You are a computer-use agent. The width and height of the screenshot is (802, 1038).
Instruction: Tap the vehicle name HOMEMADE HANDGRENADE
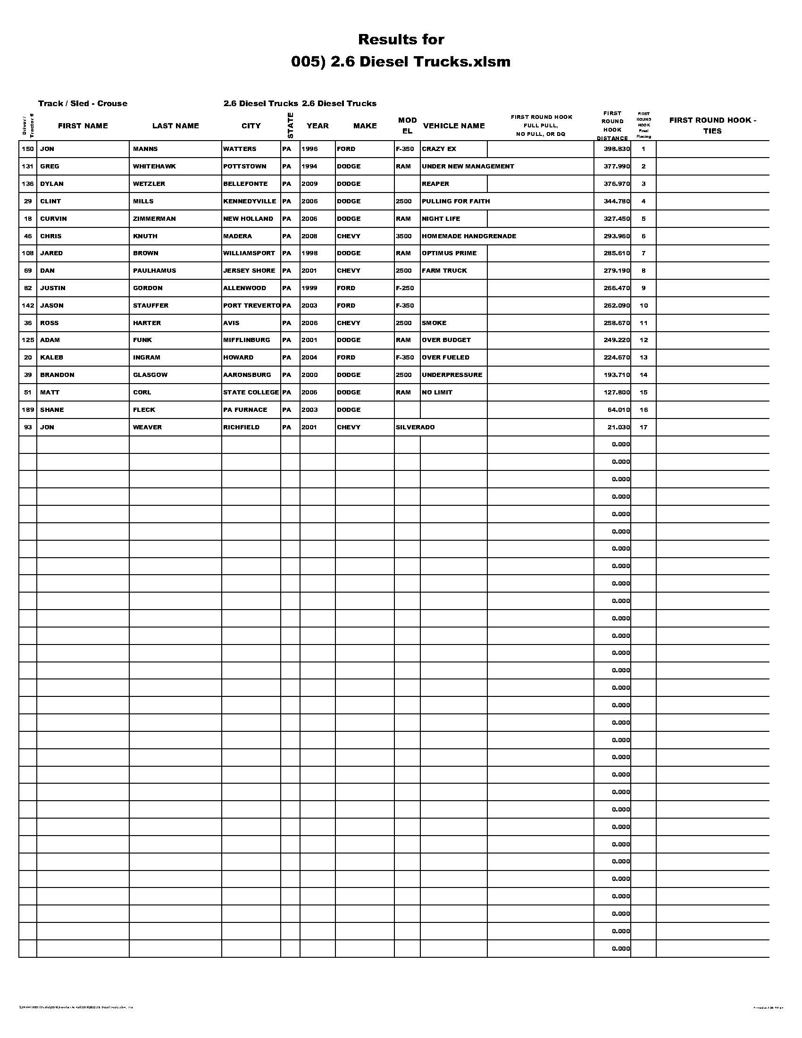[468, 236]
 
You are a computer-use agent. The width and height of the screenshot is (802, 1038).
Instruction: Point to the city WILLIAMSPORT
[249, 253]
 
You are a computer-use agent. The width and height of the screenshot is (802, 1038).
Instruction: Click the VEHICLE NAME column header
[454, 126]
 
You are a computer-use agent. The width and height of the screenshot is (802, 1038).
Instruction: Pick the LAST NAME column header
[175, 126]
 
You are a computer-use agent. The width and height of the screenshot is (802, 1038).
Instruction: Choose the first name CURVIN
[53, 219]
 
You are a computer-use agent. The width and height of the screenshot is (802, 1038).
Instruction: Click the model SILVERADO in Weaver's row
[415, 427]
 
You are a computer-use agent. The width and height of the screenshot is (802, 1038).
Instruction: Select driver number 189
[28, 410]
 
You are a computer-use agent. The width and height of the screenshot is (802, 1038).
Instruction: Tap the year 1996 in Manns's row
[309, 149]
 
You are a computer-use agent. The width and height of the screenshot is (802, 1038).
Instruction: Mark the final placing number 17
[643, 427]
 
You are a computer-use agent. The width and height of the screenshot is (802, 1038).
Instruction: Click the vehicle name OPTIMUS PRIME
[449, 253]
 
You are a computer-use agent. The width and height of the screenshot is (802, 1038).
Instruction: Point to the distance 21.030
[618, 427]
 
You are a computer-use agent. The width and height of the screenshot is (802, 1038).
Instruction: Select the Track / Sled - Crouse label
[83, 104]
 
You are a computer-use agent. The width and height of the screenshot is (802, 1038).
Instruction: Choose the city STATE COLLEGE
[251, 393]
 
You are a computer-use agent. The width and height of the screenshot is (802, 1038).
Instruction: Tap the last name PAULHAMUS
[154, 271]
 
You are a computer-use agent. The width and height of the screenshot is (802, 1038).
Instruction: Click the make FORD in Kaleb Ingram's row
[346, 358]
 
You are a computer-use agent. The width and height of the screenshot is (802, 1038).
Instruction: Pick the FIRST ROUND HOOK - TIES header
[712, 126]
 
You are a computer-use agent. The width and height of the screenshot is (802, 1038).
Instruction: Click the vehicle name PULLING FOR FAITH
[456, 201]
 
